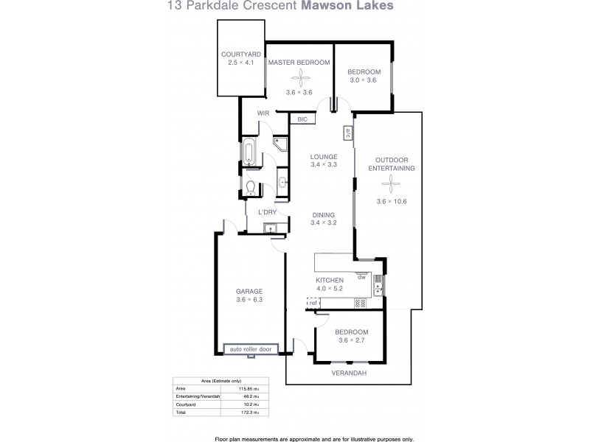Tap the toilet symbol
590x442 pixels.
click(251, 186)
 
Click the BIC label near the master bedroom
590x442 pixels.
click(302, 119)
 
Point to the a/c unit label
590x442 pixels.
click(347, 133)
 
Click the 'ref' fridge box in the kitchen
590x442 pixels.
click(313, 303)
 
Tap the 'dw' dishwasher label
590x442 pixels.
click(361, 278)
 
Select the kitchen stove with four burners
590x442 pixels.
click(361, 303)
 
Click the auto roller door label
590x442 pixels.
click(250, 348)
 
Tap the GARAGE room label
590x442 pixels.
click(249, 291)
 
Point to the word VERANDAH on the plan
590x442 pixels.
click(349, 373)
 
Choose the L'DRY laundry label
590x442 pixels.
click(267, 213)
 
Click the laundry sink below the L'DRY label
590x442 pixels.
click(270, 228)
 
